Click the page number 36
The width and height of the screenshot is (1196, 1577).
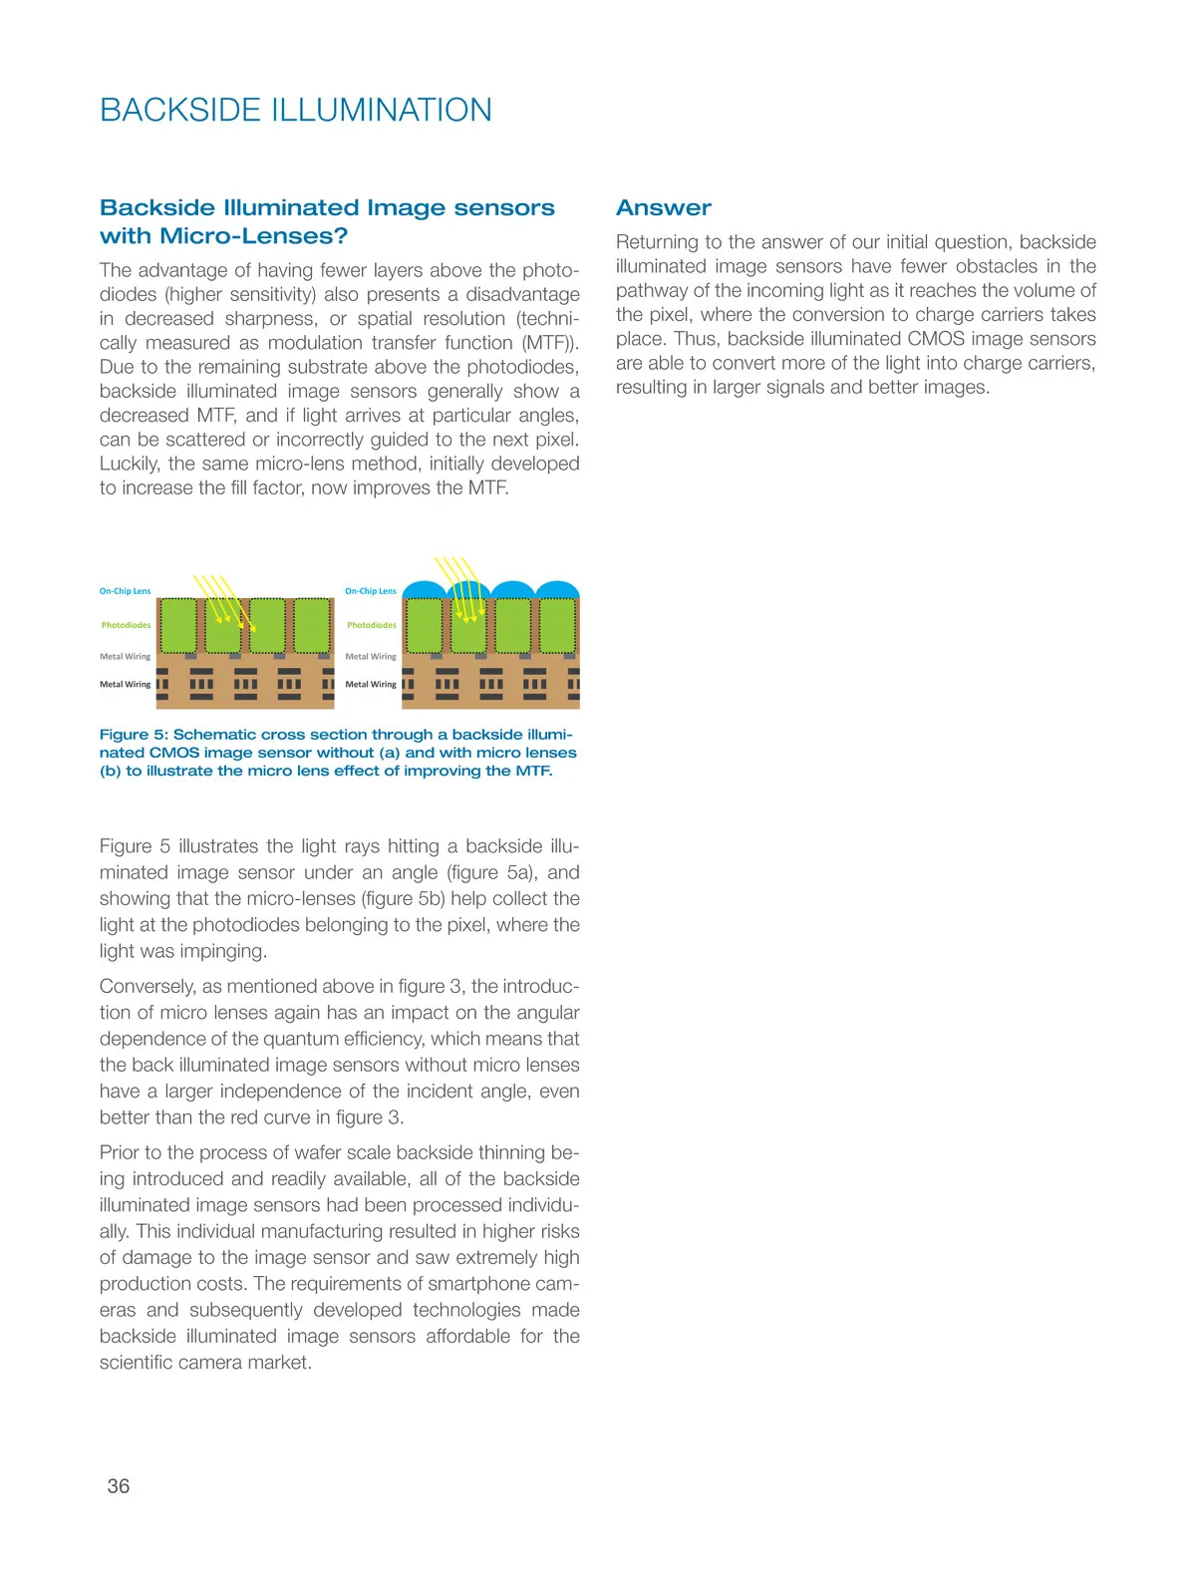click(x=118, y=1485)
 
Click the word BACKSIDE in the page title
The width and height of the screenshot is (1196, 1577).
click(x=180, y=110)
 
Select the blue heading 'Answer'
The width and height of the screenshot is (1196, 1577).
click(x=663, y=207)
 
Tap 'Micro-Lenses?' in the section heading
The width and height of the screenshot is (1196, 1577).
click(x=253, y=236)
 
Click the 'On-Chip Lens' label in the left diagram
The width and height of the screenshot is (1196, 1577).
click(x=125, y=591)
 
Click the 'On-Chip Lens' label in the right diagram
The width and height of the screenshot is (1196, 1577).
click(x=371, y=591)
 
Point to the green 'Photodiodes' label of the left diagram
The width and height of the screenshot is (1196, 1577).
click(x=126, y=625)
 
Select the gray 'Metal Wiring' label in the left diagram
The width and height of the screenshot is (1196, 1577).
click(x=125, y=656)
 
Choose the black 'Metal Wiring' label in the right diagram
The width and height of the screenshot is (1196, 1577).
click(x=371, y=684)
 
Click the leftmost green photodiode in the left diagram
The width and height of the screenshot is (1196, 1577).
click(x=178, y=625)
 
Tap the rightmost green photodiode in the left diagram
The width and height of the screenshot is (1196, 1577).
click(x=313, y=625)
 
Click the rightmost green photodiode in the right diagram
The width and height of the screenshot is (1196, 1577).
click(x=558, y=625)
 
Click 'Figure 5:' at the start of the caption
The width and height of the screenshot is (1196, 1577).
click(x=134, y=735)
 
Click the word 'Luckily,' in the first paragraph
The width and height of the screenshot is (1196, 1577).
click(x=131, y=464)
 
